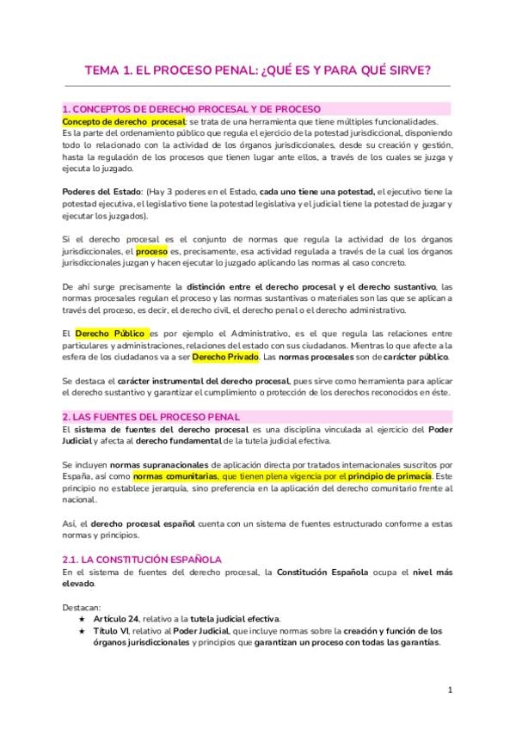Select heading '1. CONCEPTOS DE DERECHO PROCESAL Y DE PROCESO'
pos(192,109)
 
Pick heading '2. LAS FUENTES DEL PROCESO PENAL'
pos(151,417)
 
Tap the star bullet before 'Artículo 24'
pos(81,618)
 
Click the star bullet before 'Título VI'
pos(81,630)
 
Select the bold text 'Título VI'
pos(114,630)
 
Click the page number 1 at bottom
pos(450,690)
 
